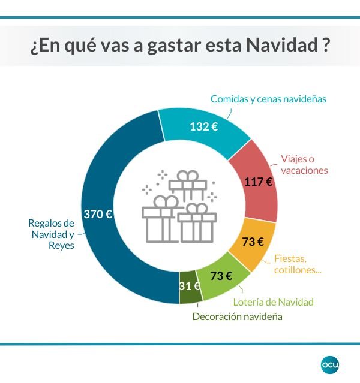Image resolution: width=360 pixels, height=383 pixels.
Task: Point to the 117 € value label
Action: click(x=259, y=182)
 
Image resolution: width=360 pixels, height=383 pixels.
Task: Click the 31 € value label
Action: click(x=190, y=286)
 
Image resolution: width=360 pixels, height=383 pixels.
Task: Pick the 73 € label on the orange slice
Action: click(x=253, y=242)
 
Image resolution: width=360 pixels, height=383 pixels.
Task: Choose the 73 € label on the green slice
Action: click(x=221, y=276)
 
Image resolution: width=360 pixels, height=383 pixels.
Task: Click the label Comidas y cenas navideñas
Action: click(x=268, y=99)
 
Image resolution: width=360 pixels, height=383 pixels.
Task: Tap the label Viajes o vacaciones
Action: click(x=305, y=165)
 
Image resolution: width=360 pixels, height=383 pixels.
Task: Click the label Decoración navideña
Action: click(x=237, y=316)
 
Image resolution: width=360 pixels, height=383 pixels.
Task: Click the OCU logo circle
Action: click(x=330, y=364)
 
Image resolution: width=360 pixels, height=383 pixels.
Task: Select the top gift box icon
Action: click(x=187, y=185)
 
